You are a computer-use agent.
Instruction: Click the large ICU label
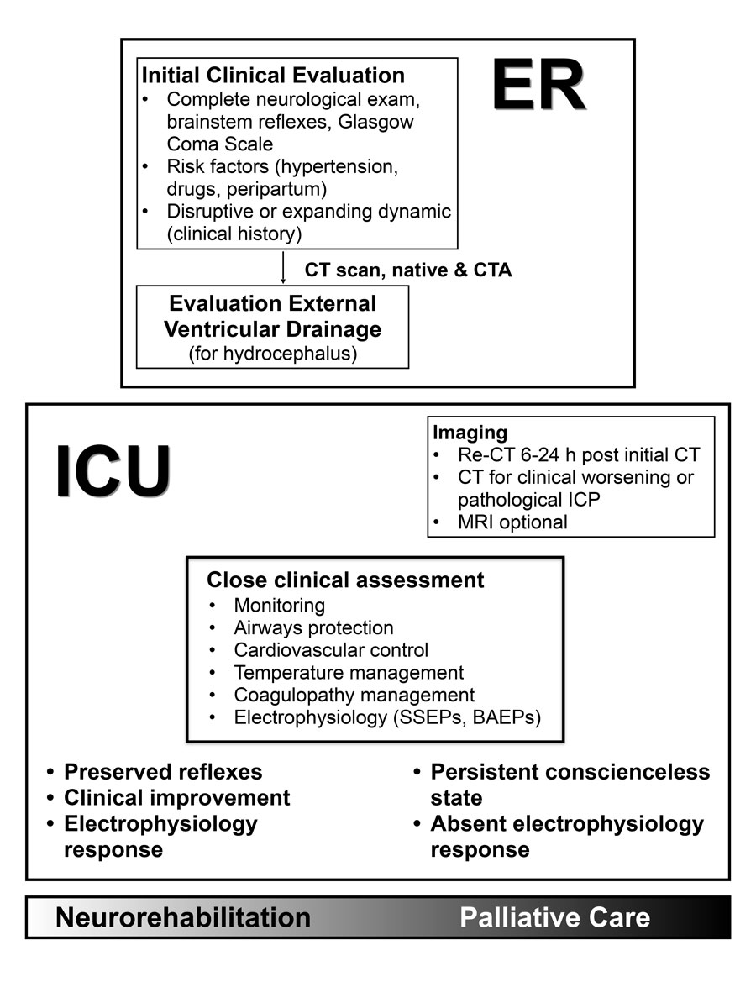(113, 472)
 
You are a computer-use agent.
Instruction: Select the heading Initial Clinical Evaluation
(273, 76)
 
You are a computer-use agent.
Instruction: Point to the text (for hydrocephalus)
(273, 354)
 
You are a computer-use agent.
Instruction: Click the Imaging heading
(470, 433)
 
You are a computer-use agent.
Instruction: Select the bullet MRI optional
(512, 522)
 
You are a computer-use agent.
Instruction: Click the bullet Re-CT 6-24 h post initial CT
(579, 456)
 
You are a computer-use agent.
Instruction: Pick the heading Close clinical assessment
(345, 580)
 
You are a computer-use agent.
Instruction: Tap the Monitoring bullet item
(280, 605)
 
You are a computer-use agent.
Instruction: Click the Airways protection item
(313, 627)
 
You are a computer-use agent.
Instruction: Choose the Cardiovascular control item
(331, 650)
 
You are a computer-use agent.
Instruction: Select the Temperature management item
(349, 673)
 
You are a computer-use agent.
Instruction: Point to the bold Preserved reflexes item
(163, 772)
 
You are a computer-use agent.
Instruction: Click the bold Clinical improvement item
(177, 798)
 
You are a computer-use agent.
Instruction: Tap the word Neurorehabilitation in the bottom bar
(183, 918)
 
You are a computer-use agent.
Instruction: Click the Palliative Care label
(554, 918)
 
